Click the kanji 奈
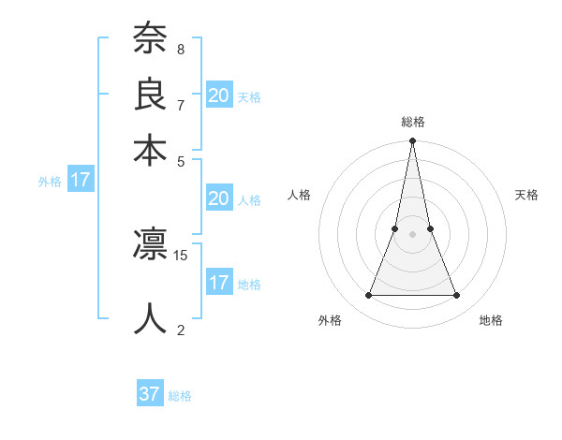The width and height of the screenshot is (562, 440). coord(150,39)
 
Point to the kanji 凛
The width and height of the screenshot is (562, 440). coord(150,245)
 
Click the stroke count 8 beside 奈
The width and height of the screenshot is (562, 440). coord(180,49)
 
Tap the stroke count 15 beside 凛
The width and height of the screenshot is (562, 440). coord(181,255)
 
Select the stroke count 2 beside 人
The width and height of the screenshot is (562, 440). coord(180,329)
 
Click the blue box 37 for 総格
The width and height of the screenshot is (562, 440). coord(150,394)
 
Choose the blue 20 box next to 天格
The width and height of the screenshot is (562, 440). coord(219,95)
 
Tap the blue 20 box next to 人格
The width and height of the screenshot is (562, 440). coord(219,198)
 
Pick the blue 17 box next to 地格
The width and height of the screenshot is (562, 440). coord(219,283)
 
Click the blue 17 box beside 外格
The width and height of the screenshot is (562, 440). coord(81,180)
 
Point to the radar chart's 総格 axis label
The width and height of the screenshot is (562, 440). coord(412,122)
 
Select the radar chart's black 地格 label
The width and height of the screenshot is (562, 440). coord(491,321)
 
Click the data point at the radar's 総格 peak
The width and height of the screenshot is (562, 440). coord(412,141)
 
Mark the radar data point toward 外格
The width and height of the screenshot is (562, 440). coord(368,296)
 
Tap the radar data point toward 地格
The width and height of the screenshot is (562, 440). coord(457,296)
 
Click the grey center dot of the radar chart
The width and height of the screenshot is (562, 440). coord(412,234)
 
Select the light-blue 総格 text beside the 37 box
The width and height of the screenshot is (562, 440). coord(180,396)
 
